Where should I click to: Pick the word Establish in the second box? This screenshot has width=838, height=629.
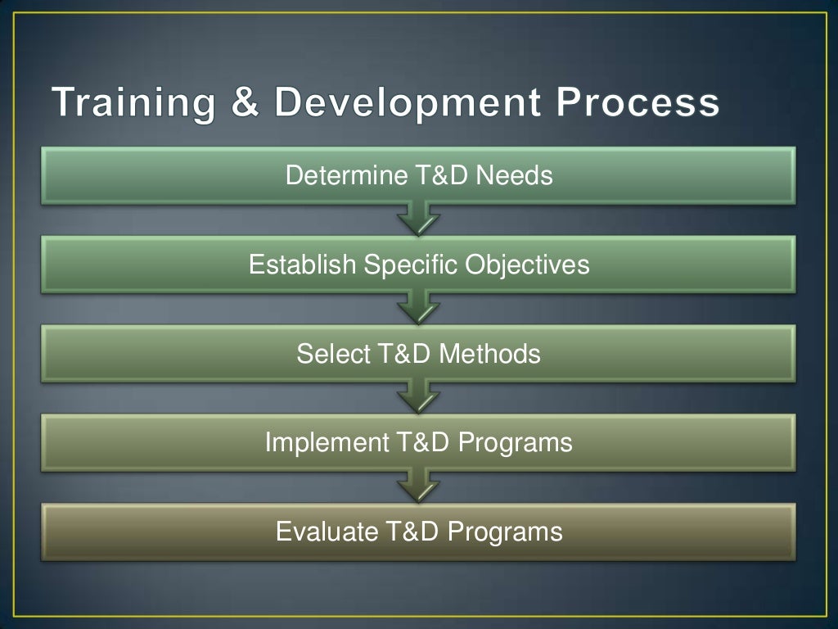click(303, 265)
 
